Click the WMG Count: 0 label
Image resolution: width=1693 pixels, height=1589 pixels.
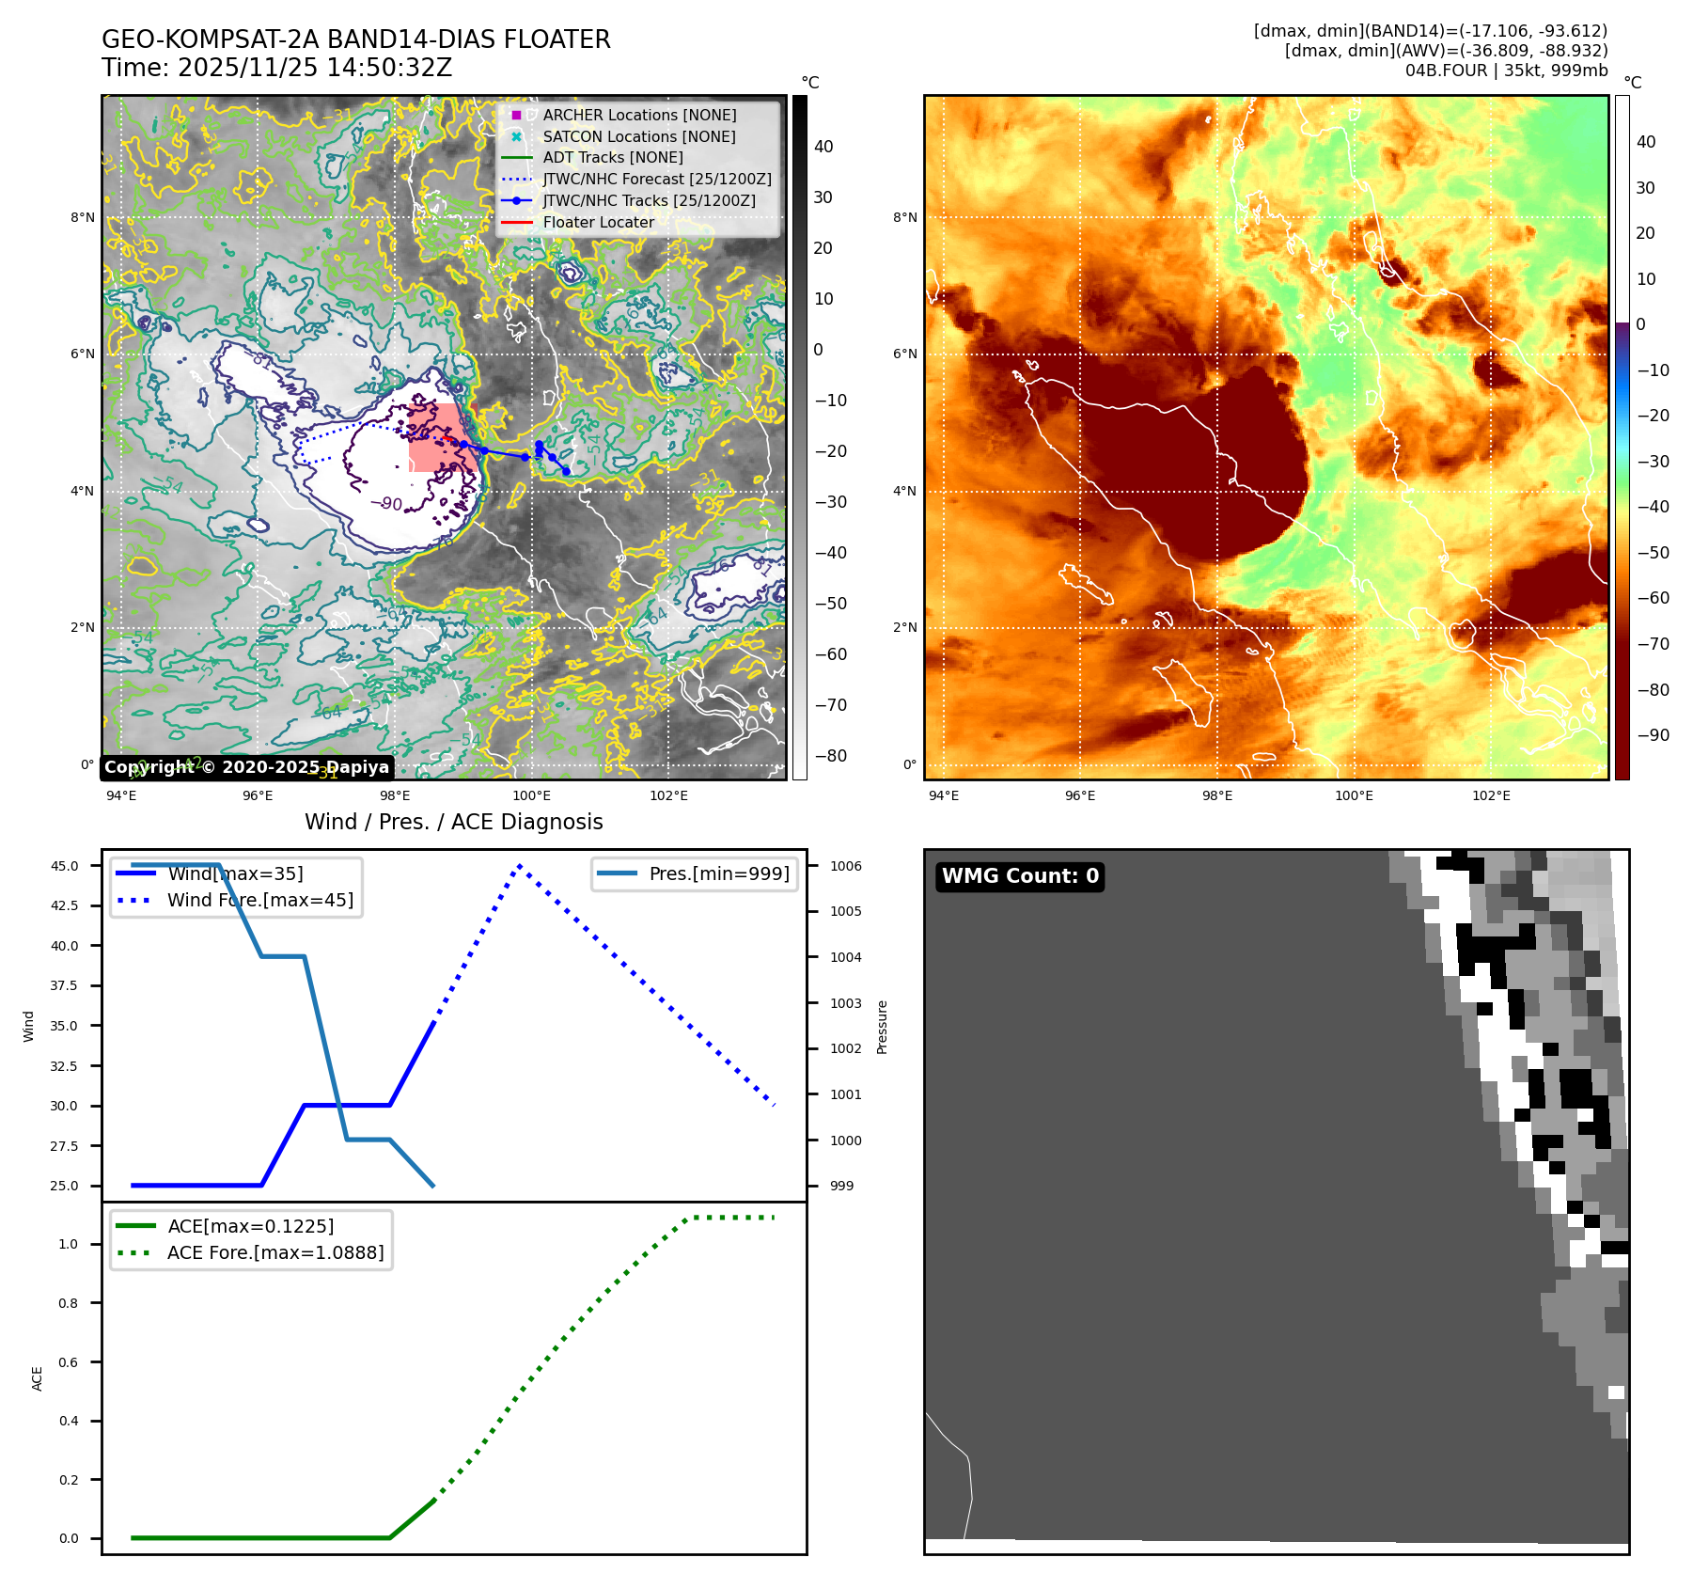(x=1020, y=876)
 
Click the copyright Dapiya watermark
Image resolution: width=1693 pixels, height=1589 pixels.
(x=246, y=767)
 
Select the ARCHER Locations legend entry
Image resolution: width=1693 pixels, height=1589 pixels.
(x=639, y=115)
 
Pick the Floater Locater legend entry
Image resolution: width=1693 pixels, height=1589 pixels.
(x=598, y=223)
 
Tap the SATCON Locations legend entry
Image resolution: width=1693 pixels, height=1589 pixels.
(x=639, y=136)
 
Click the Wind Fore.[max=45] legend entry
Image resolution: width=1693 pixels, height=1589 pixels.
(x=259, y=901)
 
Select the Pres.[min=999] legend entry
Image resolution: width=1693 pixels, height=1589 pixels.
(x=719, y=874)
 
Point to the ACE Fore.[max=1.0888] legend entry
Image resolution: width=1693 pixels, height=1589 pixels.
(x=274, y=1253)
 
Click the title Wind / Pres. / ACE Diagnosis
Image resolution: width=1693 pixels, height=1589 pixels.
(x=453, y=823)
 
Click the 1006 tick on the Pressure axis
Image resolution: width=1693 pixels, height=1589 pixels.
(x=846, y=866)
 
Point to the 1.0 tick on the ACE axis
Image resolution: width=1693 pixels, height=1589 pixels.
(x=69, y=1244)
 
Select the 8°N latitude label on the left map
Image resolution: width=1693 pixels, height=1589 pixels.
(x=83, y=218)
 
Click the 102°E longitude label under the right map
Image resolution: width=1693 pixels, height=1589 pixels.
(x=1491, y=796)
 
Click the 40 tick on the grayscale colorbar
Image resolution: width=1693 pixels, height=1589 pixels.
(x=823, y=147)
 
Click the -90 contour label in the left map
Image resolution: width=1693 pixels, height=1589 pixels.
(x=386, y=504)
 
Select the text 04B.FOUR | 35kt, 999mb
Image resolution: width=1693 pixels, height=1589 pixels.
(x=1506, y=71)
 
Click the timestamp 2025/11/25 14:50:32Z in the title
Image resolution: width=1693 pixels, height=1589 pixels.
(x=314, y=69)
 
